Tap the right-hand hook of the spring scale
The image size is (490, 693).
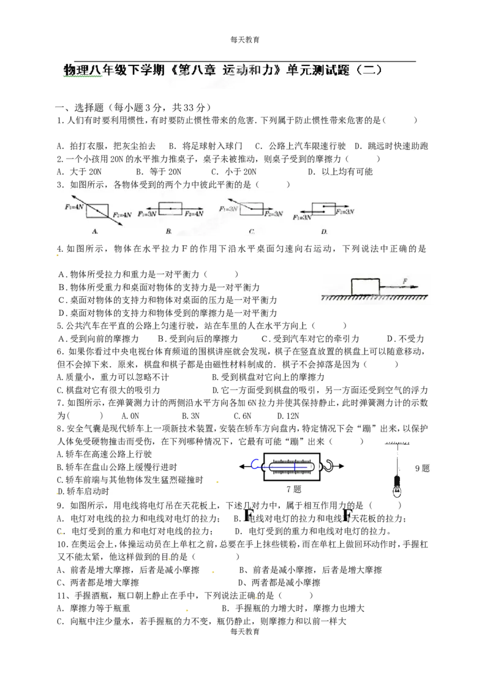point(328,465)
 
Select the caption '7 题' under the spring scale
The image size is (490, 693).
point(294,489)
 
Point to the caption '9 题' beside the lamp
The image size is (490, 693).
point(422,468)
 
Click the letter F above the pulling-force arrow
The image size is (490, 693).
point(405,281)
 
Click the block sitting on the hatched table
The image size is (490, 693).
point(365,287)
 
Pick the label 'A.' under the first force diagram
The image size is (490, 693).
point(95,231)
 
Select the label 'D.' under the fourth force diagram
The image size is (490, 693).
point(324,231)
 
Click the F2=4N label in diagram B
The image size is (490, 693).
point(194,214)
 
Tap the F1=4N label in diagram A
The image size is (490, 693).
point(74,207)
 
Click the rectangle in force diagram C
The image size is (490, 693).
point(251,209)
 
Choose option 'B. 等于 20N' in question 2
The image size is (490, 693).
point(159,172)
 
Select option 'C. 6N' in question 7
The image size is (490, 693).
point(243,416)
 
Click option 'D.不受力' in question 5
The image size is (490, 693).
point(405,339)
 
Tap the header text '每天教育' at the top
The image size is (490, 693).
point(245,40)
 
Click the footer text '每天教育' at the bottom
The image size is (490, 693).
point(245,632)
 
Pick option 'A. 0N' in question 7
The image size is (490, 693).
point(130,416)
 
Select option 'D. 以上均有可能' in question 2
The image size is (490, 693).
point(341,172)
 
